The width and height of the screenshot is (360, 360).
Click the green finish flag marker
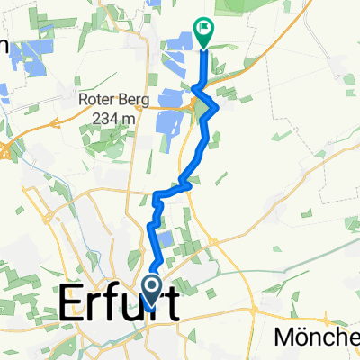coord(202,33)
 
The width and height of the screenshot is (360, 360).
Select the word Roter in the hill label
coord(97,101)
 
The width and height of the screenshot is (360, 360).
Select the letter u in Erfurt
coord(137,305)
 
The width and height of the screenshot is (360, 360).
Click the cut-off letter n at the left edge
coord(4,45)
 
